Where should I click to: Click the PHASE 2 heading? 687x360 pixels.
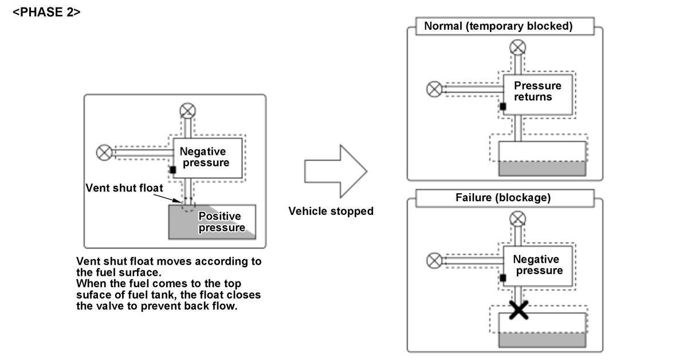(x=46, y=11)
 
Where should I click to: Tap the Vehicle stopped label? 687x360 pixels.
(x=331, y=211)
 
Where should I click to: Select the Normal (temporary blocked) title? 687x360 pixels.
(x=498, y=26)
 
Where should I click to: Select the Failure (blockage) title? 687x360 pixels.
(x=503, y=197)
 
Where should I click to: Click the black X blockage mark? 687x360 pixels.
(x=519, y=310)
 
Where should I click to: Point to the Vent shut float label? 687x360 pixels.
(x=124, y=187)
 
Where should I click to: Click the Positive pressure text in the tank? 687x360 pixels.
(x=220, y=222)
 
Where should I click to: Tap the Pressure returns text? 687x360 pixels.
(x=537, y=91)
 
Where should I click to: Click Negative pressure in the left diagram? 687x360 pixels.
(x=204, y=157)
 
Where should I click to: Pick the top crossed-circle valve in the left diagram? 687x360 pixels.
(x=187, y=111)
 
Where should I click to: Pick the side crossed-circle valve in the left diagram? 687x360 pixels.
(x=104, y=152)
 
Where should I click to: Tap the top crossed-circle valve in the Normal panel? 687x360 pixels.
(x=518, y=47)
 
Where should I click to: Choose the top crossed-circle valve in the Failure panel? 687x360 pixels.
(x=518, y=218)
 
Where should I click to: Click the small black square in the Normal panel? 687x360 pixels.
(x=503, y=106)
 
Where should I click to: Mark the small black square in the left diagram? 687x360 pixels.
(x=172, y=170)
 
